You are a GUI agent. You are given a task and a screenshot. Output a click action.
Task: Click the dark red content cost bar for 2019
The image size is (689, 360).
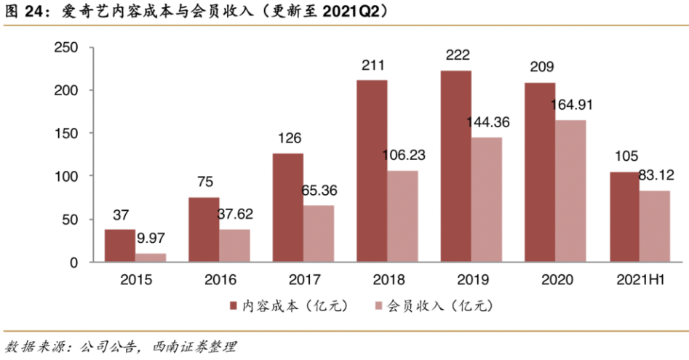click(x=455, y=167)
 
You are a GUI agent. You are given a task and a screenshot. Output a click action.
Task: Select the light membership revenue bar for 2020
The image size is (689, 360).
click(x=570, y=191)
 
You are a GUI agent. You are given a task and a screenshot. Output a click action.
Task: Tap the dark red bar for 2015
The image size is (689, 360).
click(x=119, y=246)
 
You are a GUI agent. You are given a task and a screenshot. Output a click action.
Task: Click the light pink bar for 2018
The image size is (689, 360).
click(x=402, y=216)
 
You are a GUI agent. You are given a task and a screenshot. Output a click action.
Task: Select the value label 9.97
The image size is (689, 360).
click(x=151, y=238)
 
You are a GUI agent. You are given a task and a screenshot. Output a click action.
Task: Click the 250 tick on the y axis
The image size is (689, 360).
click(x=67, y=48)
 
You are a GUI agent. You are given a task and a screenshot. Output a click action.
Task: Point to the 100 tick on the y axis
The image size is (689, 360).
click(x=67, y=177)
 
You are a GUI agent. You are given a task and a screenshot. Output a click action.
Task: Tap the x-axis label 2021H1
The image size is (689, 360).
click(x=640, y=279)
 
